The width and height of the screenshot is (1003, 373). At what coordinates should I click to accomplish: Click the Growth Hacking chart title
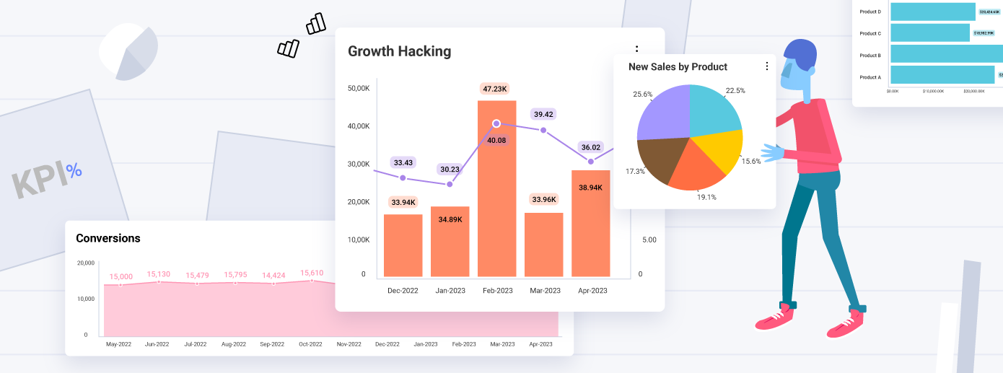click(x=399, y=51)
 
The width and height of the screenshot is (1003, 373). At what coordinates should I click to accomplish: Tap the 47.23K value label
click(x=495, y=89)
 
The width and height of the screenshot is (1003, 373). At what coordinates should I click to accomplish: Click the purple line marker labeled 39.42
click(x=543, y=131)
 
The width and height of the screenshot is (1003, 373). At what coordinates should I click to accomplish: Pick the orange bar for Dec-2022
click(x=403, y=245)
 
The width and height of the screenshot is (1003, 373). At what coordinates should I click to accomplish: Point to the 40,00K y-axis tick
click(x=359, y=126)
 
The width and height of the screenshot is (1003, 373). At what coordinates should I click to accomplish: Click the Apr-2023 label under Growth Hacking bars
click(x=592, y=291)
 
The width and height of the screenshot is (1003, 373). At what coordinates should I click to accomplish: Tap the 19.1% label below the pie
click(x=706, y=197)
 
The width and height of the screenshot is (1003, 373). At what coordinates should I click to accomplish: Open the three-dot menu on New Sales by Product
click(x=766, y=66)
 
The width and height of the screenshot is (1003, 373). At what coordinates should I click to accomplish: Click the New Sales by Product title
click(x=678, y=66)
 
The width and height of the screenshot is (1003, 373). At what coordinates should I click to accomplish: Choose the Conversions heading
click(x=108, y=238)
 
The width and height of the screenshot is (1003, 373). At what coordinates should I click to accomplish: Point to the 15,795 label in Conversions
click(x=235, y=275)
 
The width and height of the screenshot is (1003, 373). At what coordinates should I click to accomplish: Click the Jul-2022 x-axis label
click(x=196, y=344)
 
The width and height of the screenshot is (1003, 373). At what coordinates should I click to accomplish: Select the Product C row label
click(x=870, y=33)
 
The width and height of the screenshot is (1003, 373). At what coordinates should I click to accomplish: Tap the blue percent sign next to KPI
click(x=74, y=171)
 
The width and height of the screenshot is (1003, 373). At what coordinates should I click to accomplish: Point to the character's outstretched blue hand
click(x=773, y=153)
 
